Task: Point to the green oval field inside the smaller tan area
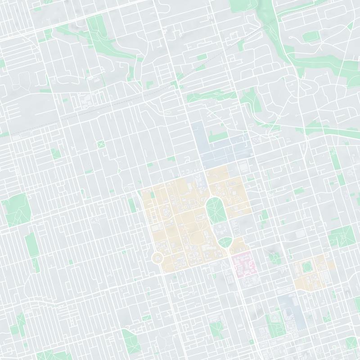click(x=308, y=267)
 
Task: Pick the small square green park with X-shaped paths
click(x=100, y=144)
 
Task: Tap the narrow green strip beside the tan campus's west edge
click(x=132, y=205)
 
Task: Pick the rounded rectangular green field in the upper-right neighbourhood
click(x=310, y=36)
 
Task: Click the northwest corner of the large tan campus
click(x=142, y=191)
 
